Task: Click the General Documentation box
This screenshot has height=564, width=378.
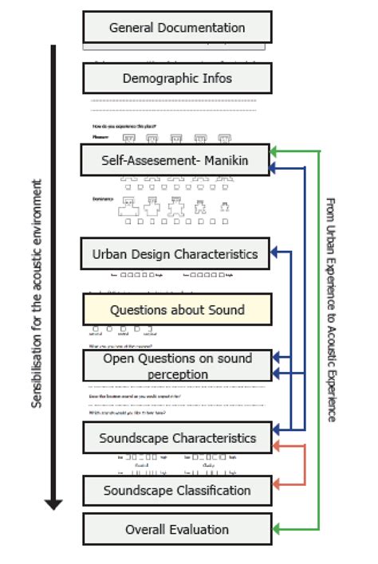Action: (x=177, y=27)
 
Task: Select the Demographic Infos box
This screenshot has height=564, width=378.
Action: (x=177, y=79)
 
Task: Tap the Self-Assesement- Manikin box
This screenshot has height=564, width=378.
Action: (x=175, y=160)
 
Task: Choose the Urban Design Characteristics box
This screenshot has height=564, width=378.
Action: (x=175, y=254)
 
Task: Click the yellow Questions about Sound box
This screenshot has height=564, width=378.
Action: (x=177, y=309)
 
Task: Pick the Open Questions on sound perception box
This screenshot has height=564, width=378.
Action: (x=177, y=366)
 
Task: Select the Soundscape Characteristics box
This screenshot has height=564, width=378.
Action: (x=177, y=437)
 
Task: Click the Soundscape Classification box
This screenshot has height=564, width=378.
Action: (x=177, y=490)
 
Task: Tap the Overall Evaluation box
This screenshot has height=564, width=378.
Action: (x=177, y=529)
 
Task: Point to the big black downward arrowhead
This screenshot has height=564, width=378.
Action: (x=53, y=503)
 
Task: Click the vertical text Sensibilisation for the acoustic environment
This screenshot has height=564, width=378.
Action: (x=37, y=293)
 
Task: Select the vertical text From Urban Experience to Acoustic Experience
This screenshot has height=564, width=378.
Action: (x=331, y=310)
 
